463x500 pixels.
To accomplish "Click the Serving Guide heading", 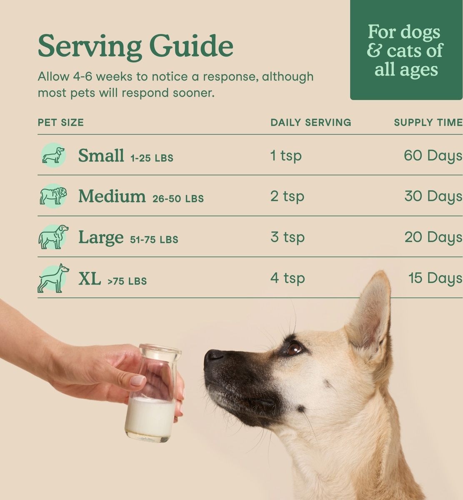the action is tap(135, 47).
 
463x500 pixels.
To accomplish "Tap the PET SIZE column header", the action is tap(61, 122).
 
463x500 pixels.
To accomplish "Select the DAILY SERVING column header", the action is tap(311, 122).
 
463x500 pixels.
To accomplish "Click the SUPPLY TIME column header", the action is tap(428, 122).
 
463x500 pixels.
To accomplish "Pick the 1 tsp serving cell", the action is tap(286, 155).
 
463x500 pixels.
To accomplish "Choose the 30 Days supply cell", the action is tap(433, 196).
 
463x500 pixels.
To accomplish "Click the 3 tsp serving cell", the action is tap(288, 237).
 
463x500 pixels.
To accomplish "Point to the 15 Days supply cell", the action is tap(435, 278).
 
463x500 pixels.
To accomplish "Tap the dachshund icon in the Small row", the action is tap(53, 155).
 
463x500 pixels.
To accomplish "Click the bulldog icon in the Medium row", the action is tap(53, 196).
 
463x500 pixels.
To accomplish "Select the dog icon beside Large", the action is tap(53, 237).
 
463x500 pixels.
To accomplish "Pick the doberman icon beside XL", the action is tap(53, 278).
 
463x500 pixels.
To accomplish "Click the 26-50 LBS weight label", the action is tap(178, 199).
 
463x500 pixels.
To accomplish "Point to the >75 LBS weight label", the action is tap(127, 281).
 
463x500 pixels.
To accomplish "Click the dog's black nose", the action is tap(214, 357).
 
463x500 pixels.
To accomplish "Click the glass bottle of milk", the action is tap(153, 393).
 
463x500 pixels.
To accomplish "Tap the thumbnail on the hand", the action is tap(138, 381).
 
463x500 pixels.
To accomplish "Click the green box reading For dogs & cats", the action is tap(406, 50).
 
